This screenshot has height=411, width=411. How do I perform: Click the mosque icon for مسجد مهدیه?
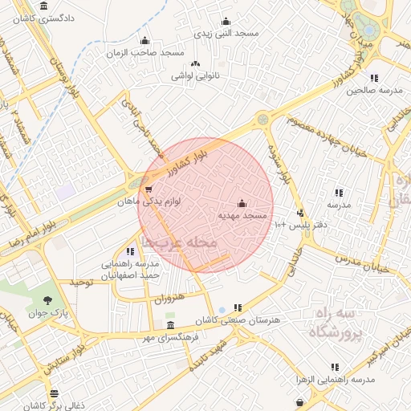pyautogui.click(x=242, y=204)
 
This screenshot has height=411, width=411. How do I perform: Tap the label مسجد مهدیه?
pyautogui.click(x=242, y=216)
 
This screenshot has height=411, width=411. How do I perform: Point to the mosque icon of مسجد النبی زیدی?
pyautogui.click(x=226, y=22)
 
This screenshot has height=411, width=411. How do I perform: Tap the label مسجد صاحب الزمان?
pyautogui.click(x=144, y=52)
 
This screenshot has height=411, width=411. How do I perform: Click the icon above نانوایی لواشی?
pyautogui.click(x=194, y=63)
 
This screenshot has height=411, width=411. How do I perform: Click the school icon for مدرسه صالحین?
pyautogui.click(x=374, y=78)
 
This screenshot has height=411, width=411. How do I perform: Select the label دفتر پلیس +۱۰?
pyautogui.click(x=301, y=226)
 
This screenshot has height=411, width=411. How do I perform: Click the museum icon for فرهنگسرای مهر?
pyautogui.click(x=169, y=325)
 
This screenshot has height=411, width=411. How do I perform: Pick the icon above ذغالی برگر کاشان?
pyautogui.click(x=54, y=394)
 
